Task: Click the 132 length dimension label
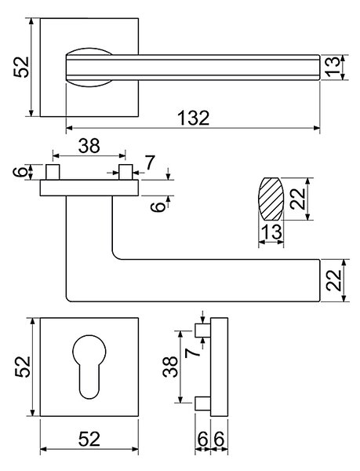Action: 194,118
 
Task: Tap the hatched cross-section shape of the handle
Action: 271,199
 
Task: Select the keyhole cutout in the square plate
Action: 89,367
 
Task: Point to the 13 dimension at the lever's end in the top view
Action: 333,68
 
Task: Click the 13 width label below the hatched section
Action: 271,232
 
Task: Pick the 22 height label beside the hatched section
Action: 298,199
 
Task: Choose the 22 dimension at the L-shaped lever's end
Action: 333,280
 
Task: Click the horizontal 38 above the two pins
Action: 89,146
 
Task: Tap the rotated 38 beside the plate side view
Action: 170,367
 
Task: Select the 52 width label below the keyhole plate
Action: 89,439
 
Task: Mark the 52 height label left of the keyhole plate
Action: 23,367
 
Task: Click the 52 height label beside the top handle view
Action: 21,68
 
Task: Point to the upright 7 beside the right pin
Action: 150,162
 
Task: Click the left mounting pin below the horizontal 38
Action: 53,172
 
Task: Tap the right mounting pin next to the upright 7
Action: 125,172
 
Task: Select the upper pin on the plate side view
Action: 203,330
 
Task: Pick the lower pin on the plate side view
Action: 203,403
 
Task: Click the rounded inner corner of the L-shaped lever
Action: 115,255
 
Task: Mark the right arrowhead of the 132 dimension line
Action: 317,128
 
